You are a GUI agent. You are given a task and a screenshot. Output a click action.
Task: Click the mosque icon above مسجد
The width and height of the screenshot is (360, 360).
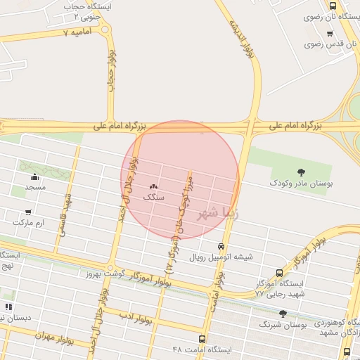click(x=35, y=176)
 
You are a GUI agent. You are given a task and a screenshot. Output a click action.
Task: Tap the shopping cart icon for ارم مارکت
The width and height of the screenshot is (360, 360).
click(x=27, y=212)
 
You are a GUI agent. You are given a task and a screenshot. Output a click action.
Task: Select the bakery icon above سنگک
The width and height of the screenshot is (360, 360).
click(x=154, y=186)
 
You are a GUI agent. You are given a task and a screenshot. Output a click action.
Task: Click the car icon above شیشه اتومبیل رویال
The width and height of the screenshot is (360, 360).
click(x=221, y=247)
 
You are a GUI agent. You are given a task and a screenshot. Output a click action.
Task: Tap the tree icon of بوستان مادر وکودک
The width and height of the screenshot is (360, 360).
click(x=302, y=172)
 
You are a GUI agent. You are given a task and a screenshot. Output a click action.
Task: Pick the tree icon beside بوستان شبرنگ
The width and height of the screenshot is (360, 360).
click(x=283, y=314)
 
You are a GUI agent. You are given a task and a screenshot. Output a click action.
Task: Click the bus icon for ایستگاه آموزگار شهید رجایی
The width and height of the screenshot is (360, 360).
click(x=279, y=273)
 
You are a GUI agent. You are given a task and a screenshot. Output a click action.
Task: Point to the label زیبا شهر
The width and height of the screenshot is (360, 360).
click(x=210, y=212)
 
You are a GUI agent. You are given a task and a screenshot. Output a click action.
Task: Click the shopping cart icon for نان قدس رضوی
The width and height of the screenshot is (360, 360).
click(x=329, y=33)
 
